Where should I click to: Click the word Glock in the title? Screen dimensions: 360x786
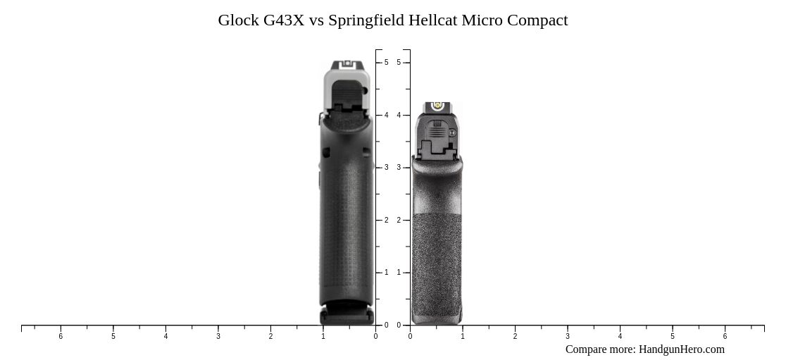pos(238,20)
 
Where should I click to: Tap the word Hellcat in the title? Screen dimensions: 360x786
pos(430,20)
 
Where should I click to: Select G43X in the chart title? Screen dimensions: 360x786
pos(284,20)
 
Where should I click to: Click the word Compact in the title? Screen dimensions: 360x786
pos(537,20)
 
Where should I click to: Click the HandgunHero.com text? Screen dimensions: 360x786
pos(681,349)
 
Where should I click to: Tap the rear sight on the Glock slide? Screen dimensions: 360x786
pos(347,64)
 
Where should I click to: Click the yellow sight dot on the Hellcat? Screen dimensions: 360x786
pos(437,106)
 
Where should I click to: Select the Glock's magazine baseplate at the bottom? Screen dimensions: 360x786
pos(347,314)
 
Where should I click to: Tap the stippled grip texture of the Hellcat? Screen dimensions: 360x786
pos(437,268)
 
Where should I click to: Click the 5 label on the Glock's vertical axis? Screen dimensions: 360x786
pos(386,63)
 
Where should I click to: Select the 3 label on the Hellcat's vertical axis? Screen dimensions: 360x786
pos(399,168)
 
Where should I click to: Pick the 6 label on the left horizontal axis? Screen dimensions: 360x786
pos(61,337)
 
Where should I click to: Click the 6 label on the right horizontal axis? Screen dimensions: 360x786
pos(725,337)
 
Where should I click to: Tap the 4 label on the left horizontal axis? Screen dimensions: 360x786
pos(166,337)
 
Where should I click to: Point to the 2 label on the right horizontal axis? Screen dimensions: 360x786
pos(515,337)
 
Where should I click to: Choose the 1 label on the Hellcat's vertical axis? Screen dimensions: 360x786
pos(399,273)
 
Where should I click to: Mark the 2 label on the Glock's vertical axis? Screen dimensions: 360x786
pos(386,221)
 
